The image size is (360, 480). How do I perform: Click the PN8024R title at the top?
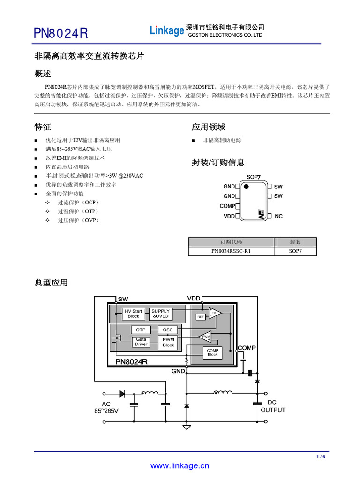61,34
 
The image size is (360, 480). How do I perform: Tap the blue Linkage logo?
167,31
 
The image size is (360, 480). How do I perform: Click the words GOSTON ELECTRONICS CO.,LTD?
225,35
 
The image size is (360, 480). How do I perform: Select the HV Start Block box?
133,314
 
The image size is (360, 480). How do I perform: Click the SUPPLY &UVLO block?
161,314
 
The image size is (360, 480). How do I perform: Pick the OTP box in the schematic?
141,330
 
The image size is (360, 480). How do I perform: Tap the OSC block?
168,330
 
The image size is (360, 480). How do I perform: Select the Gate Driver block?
141,342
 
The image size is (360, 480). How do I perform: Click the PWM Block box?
168,342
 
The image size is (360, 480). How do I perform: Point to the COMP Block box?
213,352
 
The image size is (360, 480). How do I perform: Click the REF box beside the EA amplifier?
201,317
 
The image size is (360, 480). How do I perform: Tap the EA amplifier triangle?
214,313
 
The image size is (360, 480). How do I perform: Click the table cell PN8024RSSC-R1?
231,251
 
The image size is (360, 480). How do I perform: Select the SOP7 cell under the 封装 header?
295,251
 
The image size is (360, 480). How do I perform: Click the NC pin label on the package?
278,217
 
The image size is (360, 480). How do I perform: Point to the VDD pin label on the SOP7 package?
229,217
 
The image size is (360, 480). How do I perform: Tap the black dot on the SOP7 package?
246,187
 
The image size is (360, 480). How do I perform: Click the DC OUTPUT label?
272,406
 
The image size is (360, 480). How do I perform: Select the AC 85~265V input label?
106,407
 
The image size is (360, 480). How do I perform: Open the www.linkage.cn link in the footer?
180,466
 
